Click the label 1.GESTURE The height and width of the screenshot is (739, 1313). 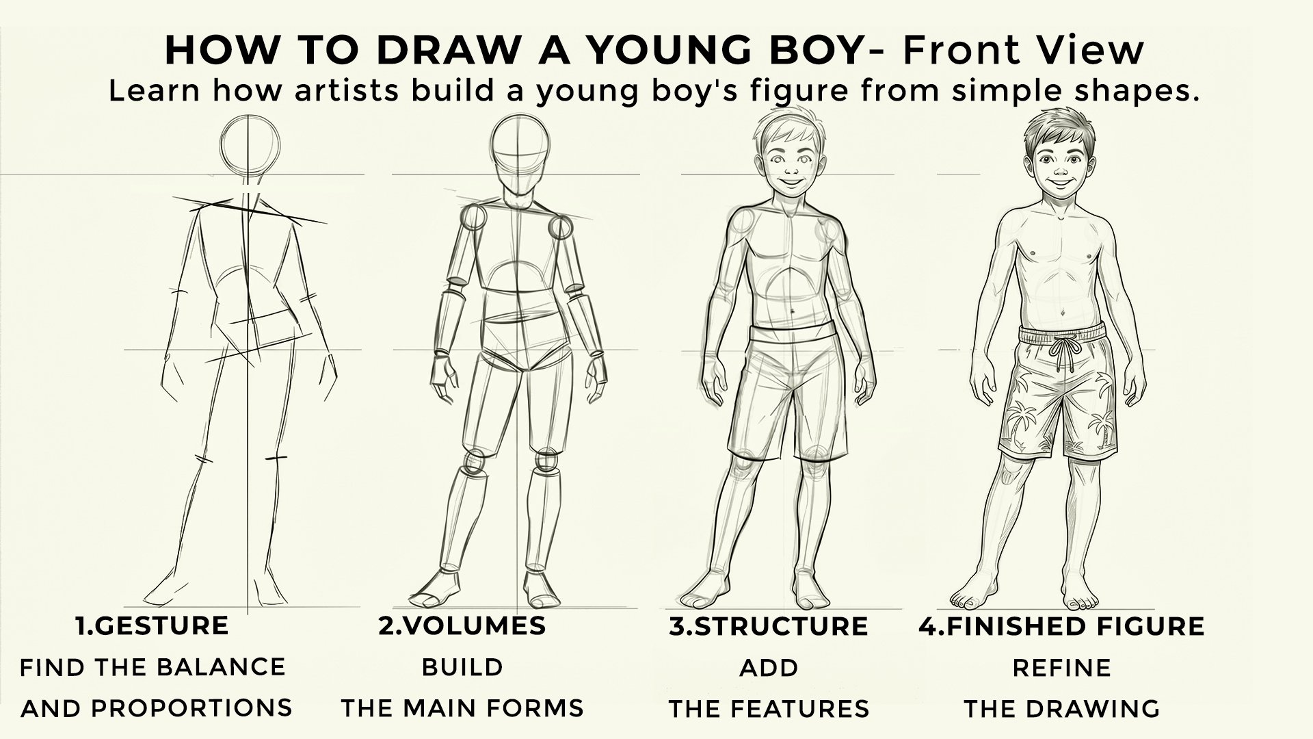coord(152,625)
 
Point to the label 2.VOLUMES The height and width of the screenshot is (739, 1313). coord(462,625)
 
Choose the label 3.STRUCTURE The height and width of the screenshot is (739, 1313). coord(769,625)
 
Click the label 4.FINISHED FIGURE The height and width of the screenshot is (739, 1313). coord(1061,625)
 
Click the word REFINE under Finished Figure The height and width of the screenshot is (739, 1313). coord(1061,667)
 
